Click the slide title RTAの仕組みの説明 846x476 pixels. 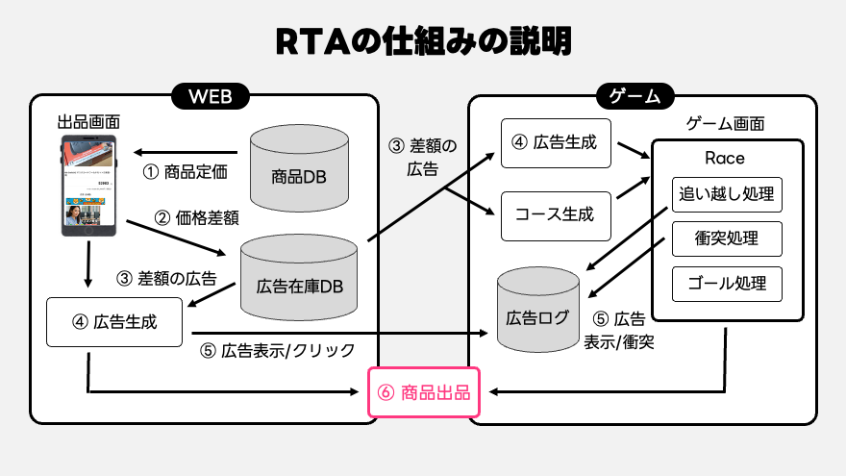422,41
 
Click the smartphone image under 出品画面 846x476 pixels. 89,187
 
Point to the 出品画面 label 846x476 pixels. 89,122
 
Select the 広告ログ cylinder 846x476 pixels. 537,310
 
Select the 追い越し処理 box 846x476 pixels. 727,195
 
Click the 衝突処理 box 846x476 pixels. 727,238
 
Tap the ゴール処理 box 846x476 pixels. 727,283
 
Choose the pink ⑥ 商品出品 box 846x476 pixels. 424,392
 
